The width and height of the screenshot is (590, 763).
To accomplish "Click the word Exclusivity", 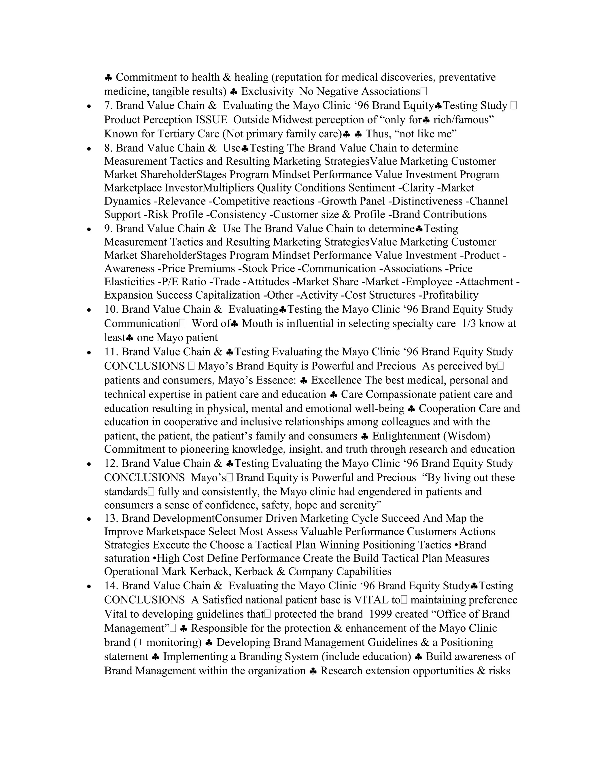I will (267, 92).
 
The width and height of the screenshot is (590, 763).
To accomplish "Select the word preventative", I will (467, 77).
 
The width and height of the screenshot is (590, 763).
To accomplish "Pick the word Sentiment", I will (372, 188).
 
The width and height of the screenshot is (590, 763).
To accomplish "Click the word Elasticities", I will (129, 282).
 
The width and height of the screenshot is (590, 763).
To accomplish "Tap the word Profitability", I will (451, 295).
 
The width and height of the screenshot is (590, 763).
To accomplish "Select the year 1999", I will (381, 614).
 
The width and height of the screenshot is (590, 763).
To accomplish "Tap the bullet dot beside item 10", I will (90, 310).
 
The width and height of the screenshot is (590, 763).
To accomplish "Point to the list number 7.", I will (108, 105).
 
